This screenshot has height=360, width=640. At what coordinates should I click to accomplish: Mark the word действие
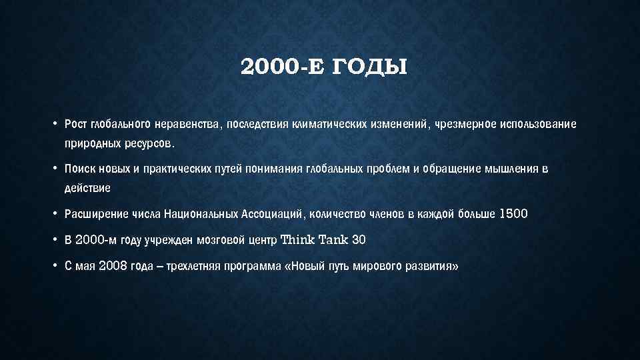pos(87,188)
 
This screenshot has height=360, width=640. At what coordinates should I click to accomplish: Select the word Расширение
pos(91,214)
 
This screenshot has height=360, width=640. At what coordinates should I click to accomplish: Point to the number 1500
pos(513,214)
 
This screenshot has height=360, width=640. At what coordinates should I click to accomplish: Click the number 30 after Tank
pos(359,239)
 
